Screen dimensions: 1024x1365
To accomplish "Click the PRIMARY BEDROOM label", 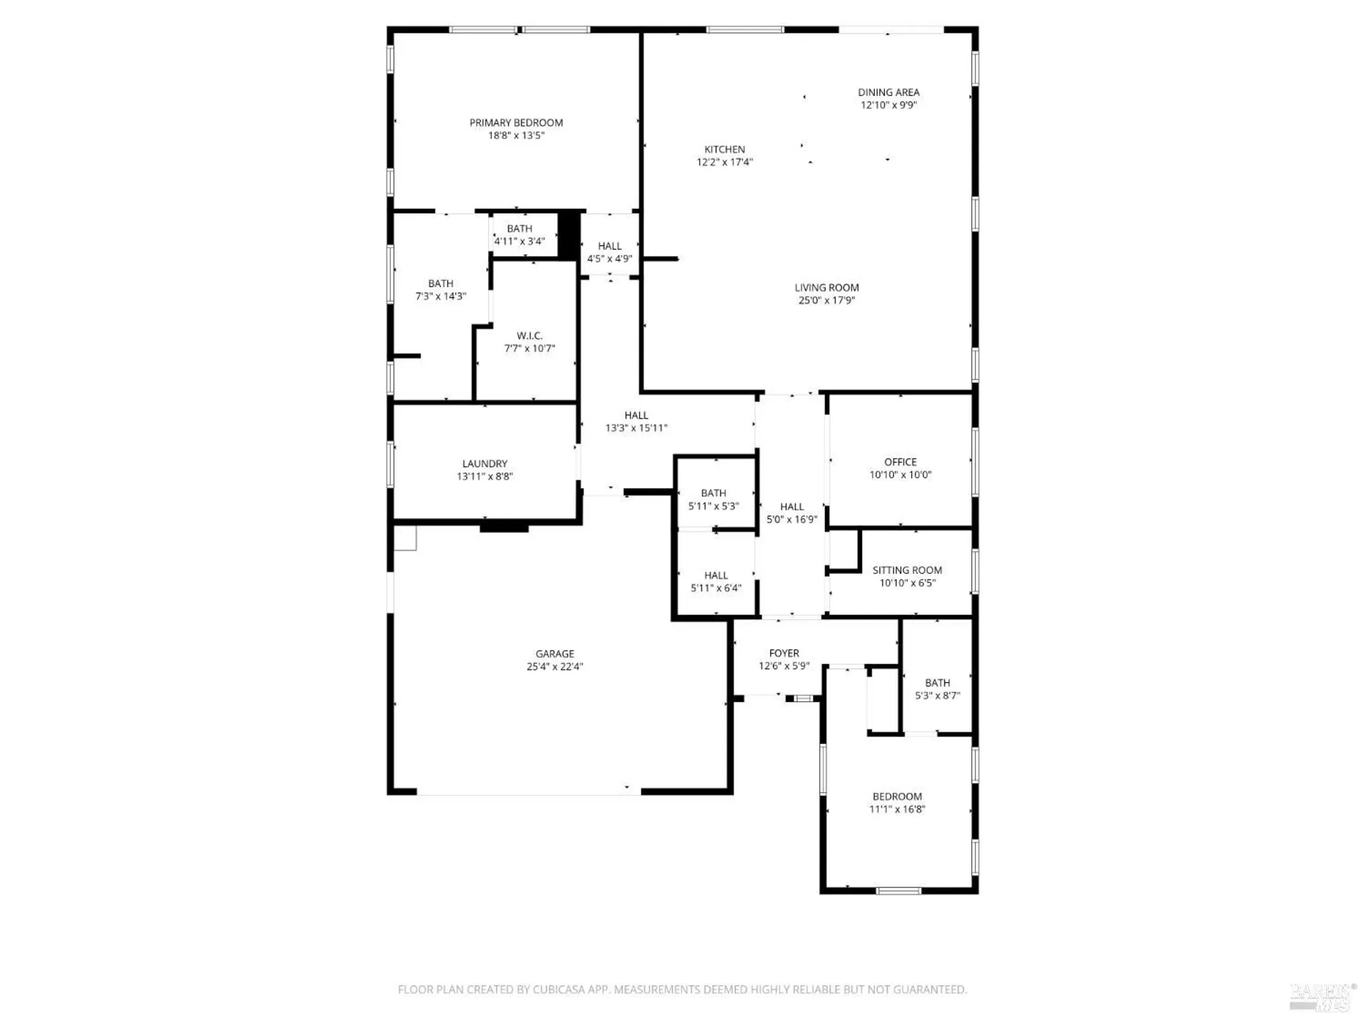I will tap(516, 123).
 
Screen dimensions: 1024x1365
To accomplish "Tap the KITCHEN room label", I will tap(724, 150).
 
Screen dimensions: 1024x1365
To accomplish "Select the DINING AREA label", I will tap(889, 92).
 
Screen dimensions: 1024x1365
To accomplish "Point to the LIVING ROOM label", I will tap(827, 287).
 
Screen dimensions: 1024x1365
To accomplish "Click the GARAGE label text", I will tap(554, 654).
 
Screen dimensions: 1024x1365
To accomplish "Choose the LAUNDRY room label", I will tap(485, 464).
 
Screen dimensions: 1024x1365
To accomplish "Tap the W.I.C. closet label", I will tap(530, 336).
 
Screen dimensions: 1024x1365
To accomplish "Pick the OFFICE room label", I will tap(900, 462).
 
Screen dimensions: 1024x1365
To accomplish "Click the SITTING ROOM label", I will tap(907, 570).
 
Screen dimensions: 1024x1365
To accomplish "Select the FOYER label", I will tap(784, 653).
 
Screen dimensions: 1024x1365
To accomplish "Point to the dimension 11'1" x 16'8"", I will tap(897, 810).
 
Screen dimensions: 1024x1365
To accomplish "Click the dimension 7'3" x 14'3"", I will tap(441, 296).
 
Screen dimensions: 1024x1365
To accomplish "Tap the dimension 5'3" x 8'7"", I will tap(937, 696).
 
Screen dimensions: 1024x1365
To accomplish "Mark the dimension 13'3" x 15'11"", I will tap(636, 428).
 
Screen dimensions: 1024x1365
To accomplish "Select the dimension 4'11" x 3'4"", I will tap(519, 241).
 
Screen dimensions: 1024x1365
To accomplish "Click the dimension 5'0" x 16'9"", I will tap(792, 520).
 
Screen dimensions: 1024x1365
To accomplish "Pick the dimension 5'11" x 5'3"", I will tap(713, 506).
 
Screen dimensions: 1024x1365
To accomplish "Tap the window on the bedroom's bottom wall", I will tap(898, 890).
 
